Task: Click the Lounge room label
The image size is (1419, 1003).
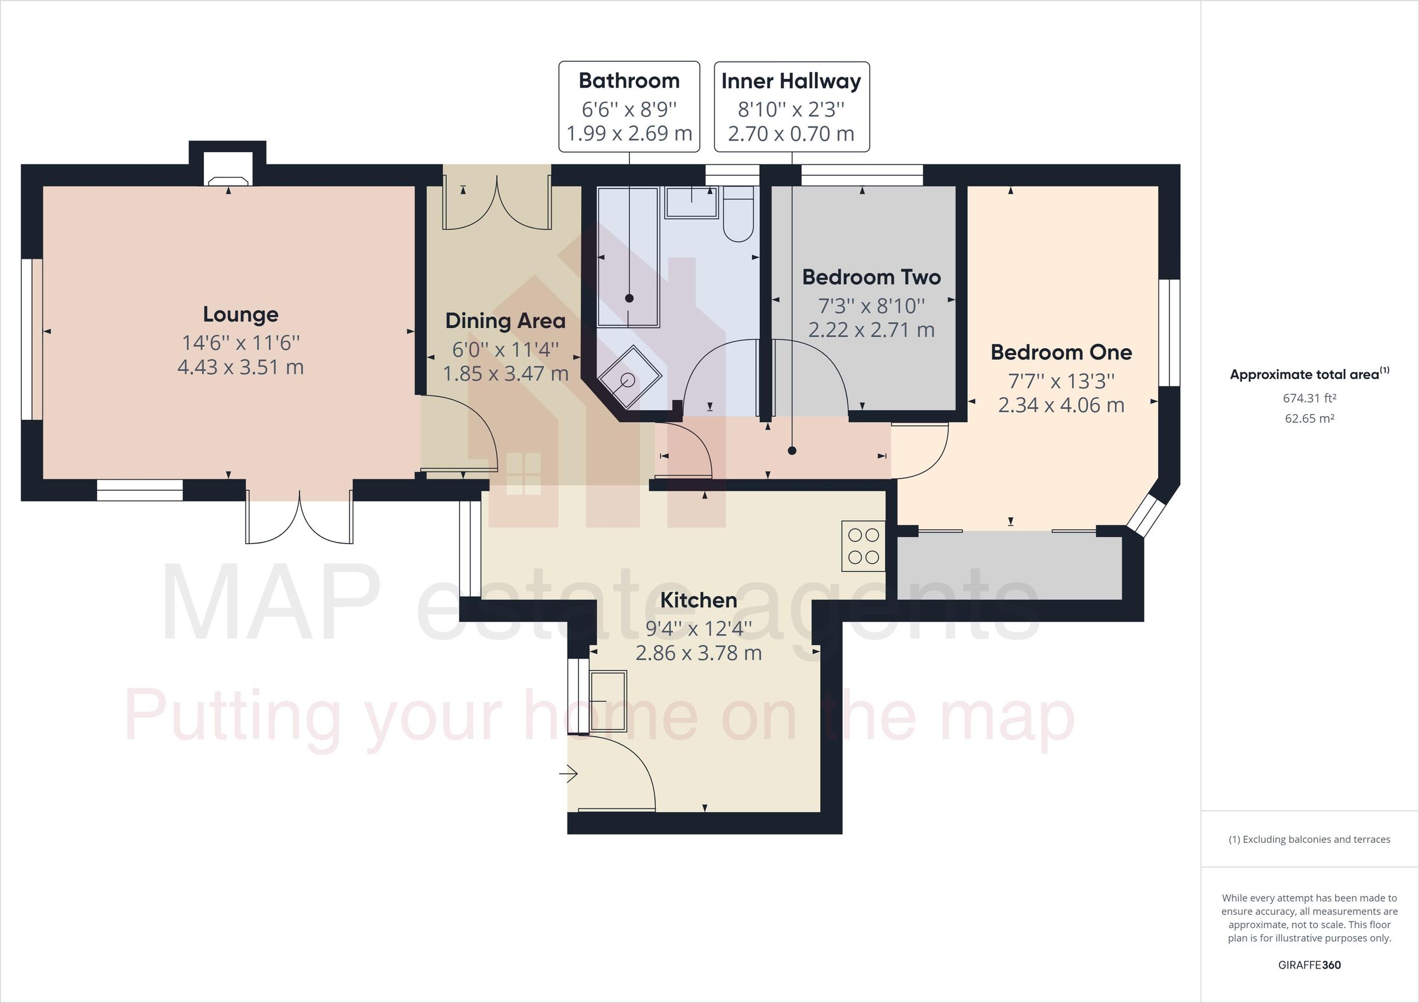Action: point(241,314)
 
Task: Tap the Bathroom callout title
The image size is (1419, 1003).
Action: point(628,81)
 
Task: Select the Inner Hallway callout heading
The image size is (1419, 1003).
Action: point(791,81)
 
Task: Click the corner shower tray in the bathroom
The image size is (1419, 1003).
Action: point(629,378)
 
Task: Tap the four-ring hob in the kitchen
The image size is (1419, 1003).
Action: point(863,546)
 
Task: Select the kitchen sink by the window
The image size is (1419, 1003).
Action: point(608,701)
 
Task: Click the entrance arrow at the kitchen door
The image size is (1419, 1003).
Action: point(569,774)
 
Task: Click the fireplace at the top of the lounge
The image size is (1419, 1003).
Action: point(228,176)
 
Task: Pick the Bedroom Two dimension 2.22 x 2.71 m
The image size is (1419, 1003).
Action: point(871,330)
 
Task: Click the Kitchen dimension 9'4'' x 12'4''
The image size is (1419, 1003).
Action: point(698,628)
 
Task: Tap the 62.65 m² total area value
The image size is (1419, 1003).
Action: point(1309,418)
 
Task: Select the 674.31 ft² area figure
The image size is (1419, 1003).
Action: point(1309,398)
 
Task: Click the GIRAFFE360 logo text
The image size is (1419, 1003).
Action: point(1309,965)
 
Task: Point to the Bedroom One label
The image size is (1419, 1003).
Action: point(1061,352)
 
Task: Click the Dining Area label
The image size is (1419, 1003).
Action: point(505,322)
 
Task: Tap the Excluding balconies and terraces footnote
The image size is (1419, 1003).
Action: point(1309,839)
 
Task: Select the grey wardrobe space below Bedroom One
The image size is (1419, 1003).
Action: point(1009,567)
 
